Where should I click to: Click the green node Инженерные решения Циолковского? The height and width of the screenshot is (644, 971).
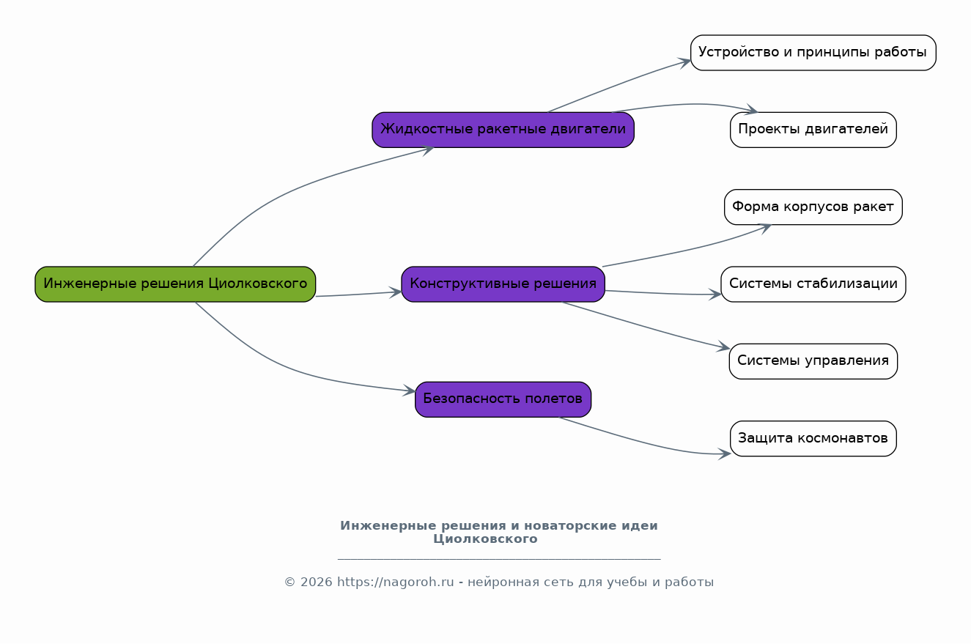(x=175, y=284)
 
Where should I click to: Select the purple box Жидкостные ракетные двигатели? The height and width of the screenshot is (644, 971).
(x=503, y=130)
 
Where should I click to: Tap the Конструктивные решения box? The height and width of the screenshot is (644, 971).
(x=503, y=284)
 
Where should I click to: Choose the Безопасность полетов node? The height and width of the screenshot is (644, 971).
(x=503, y=399)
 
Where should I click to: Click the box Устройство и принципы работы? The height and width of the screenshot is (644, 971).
(x=813, y=53)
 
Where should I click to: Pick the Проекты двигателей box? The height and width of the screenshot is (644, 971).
(x=813, y=130)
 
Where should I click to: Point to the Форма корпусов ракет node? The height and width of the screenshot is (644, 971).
(x=813, y=207)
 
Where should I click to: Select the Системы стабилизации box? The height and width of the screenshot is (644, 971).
(x=813, y=284)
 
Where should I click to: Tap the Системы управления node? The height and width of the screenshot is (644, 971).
(x=813, y=361)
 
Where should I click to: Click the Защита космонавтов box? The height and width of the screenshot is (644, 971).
(x=813, y=439)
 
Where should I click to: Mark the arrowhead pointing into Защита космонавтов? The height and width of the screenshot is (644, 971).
(x=726, y=454)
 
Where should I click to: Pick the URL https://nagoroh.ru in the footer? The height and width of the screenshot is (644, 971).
(x=396, y=582)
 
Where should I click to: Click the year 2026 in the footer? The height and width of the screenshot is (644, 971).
(x=316, y=582)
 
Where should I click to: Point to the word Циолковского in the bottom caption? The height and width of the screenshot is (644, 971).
(x=485, y=539)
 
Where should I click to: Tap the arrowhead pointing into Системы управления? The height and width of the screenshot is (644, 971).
(x=724, y=348)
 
